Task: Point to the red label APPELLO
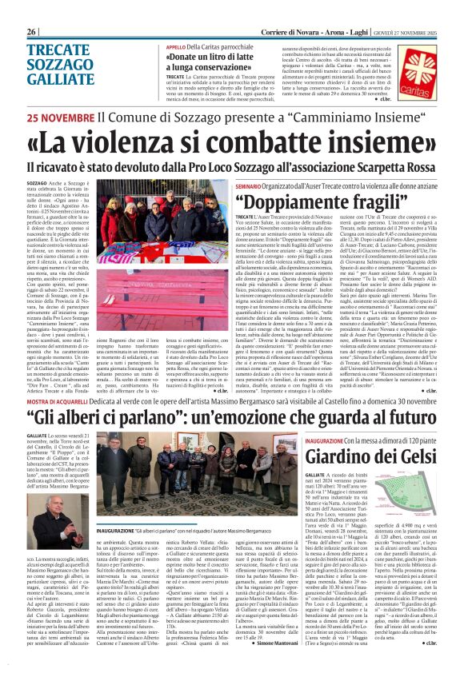click(175, 48)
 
